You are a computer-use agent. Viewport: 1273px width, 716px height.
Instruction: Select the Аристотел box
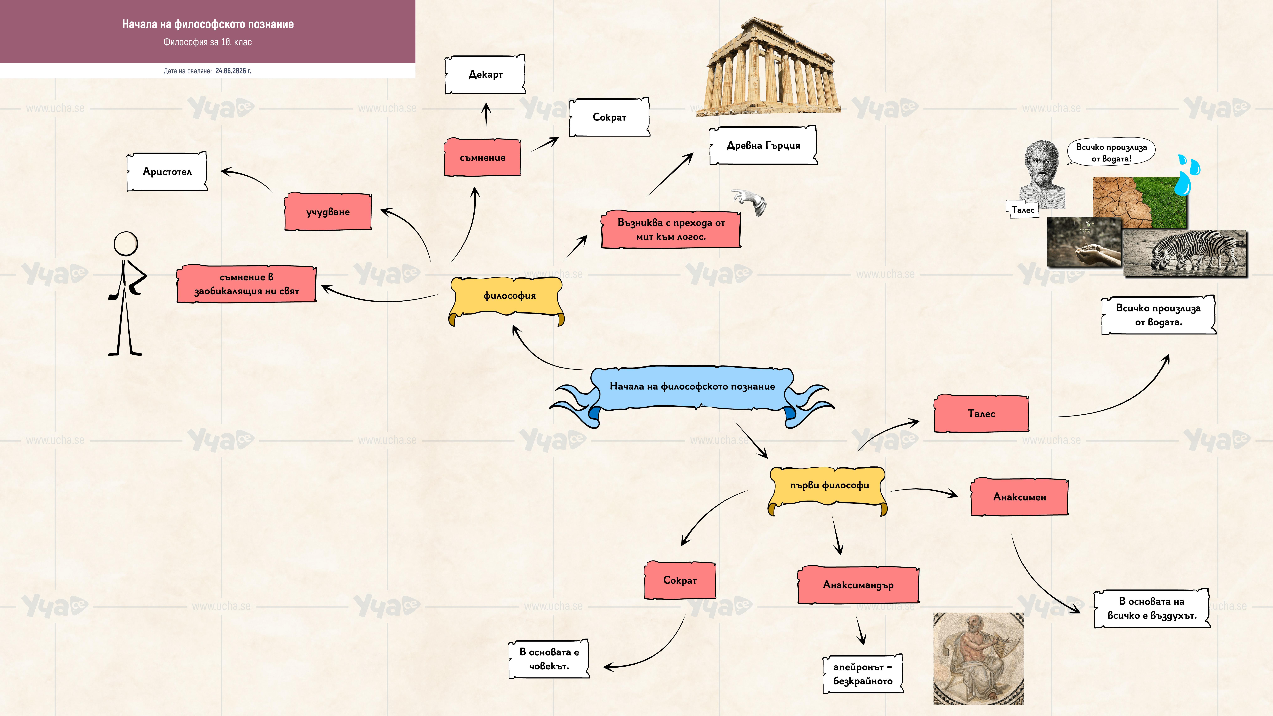click(x=167, y=171)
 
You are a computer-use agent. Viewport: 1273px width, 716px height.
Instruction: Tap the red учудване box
click(x=328, y=211)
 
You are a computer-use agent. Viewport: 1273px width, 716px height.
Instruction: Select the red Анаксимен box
click(x=1019, y=497)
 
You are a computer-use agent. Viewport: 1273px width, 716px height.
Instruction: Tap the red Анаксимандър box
click(x=858, y=584)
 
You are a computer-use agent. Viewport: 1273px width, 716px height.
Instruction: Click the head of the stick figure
click(x=126, y=244)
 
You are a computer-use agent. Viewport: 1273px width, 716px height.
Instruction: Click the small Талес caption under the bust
click(x=1022, y=210)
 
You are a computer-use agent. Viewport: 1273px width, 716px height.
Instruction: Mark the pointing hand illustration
click(x=750, y=202)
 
